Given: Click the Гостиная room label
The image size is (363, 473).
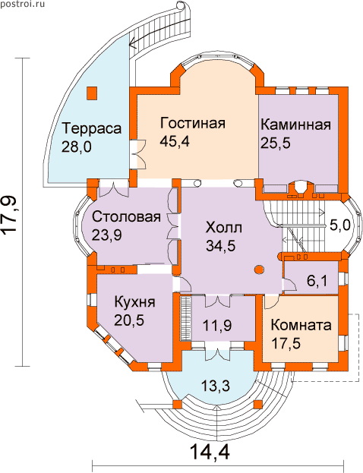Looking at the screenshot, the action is (x=193, y=124).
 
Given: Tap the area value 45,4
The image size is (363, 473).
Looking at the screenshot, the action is (x=175, y=141).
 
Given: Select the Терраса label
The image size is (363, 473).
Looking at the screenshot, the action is (x=92, y=128).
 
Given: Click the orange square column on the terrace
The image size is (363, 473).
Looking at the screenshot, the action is (x=92, y=93).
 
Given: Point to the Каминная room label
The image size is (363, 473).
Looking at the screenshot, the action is (x=295, y=125).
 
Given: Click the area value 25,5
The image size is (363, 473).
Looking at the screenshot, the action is (x=276, y=143).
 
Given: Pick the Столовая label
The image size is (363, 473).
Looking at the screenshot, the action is (x=126, y=216).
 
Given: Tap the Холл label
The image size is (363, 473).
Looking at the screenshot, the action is (x=223, y=228).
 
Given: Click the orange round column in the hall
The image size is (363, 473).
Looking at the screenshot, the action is (x=259, y=270).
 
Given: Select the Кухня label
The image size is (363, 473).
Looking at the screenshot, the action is (x=135, y=302).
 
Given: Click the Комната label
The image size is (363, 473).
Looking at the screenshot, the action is (x=301, y=326).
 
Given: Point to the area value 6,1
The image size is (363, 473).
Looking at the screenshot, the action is (x=317, y=281).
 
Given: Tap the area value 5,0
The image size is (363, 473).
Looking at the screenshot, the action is (x=339, y=225).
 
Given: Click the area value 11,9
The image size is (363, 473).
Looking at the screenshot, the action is (x=217, y=326).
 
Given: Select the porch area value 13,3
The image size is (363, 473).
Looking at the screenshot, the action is (x=216, y=385).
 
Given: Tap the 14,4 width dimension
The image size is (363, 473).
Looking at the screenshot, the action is (x=210, y=452).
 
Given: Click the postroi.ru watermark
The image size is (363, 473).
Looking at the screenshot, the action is (x=23, y=5).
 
